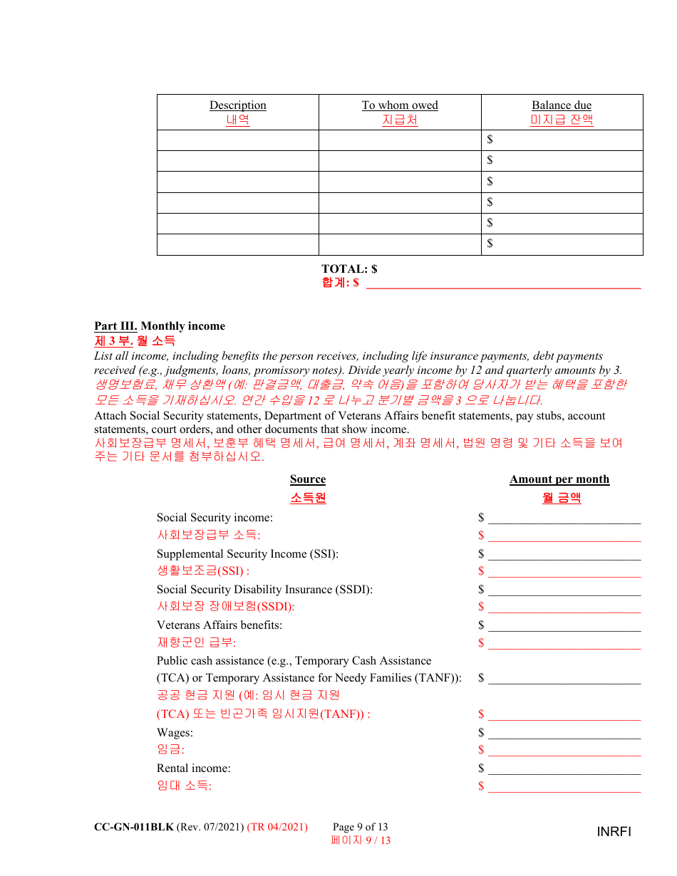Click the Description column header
(x=237, y=105)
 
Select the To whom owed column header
(x=400, y=105)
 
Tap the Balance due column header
(x=562, y=105)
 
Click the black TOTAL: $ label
(x=349, y=268)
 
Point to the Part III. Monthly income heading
(x=160, y=326)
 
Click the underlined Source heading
(x=308, y=479)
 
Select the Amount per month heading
(x=559, y=479)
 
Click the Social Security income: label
(x=215, y=518)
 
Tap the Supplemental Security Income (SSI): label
(x=247, y=553)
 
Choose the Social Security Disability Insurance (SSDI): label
(x=264, y=589)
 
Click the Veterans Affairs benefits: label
(x=219, y=625)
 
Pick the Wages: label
(x=175, y=732)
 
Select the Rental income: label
(x=194, y=768)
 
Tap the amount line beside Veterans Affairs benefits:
(x=564, y=627)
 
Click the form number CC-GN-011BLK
(x=134, y=827)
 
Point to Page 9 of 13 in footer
(x=360, y=827)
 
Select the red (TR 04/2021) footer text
(x=277, y=827)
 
